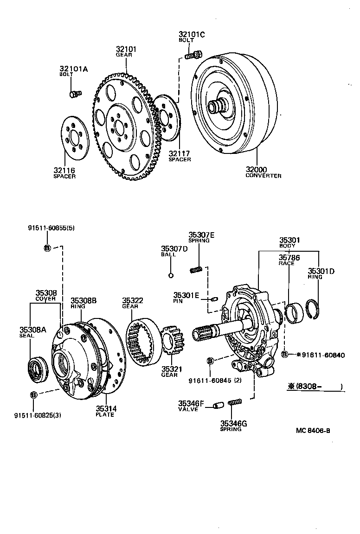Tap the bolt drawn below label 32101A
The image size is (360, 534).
tap(75, 94)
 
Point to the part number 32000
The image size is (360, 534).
tap(257, 170)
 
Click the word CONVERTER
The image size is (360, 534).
tap(263, 176)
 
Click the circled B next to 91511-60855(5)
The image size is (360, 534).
tap(47, 248)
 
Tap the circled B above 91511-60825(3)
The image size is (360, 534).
tap(33, 395)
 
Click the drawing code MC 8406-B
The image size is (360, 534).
tap(313, 430)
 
